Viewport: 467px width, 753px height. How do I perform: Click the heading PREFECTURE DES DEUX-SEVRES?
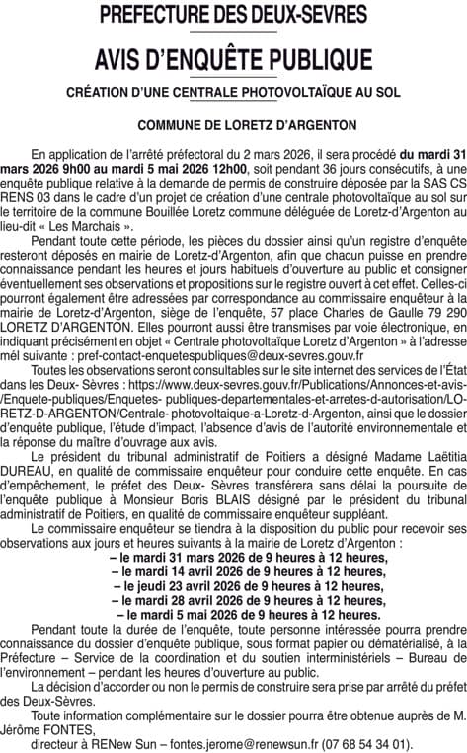(x=233, y=15)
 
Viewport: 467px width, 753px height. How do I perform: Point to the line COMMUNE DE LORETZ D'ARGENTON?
(x=233, y=126)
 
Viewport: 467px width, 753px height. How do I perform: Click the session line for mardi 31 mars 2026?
(x=233, y=558)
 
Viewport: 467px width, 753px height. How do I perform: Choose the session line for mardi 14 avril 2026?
(x=233, y=571)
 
